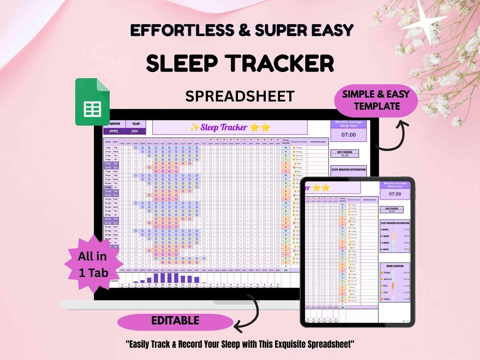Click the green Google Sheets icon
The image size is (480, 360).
(x=92, y=102)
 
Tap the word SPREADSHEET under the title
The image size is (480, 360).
(x=240, y=96)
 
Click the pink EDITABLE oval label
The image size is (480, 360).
(x=175, y=320)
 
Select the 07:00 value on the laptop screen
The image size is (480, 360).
(x=348, y=135)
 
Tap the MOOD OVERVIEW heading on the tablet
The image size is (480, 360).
(x=395, y=266)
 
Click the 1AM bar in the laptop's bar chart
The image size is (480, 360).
(x=156, y=278)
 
